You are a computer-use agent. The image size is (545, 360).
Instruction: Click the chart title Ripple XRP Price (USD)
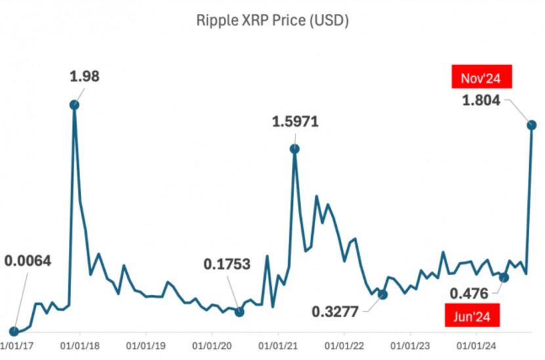[272, 21]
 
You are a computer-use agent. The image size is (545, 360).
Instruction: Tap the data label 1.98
[85, 76]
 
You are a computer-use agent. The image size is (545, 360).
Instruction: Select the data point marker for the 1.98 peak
[74, 104]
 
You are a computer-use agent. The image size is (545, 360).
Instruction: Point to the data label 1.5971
[295, 122]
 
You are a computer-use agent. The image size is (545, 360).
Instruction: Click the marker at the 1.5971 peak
[295, 149]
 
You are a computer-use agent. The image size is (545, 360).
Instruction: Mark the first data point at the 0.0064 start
[14, 332]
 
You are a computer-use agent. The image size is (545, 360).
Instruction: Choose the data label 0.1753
[227, 264]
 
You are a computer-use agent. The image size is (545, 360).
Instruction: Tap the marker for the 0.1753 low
[240, 311]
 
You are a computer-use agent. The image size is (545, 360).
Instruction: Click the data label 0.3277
[336, 311]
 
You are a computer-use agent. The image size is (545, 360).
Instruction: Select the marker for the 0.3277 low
[383, 294]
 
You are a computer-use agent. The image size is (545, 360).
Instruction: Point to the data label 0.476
[469, 292]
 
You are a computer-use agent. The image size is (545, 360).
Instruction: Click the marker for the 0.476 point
[504, 277]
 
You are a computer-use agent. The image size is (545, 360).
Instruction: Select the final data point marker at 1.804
[532, 125]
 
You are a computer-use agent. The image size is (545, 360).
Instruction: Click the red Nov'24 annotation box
[481, 79]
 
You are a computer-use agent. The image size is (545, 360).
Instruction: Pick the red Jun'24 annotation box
[472, 316]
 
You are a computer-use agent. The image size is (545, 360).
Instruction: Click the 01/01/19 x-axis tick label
[146, 344]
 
